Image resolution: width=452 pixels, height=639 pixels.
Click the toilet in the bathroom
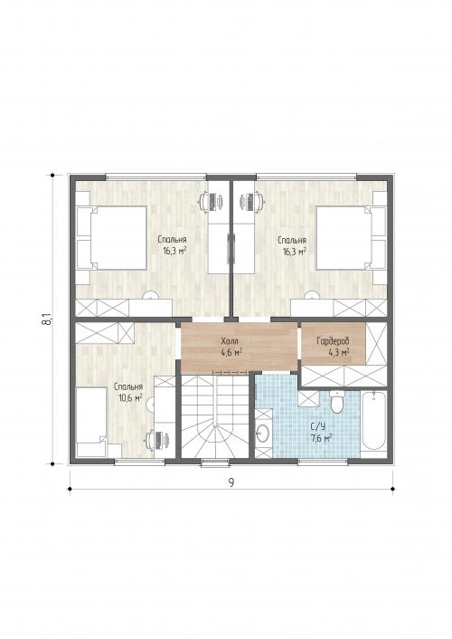337,402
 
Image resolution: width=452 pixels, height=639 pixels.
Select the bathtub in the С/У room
373,421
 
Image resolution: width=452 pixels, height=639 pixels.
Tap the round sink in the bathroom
263,433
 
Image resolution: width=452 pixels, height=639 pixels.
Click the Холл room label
230,340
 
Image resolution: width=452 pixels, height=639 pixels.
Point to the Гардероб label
333,340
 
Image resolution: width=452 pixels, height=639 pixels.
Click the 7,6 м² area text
321,438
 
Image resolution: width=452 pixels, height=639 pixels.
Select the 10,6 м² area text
130,397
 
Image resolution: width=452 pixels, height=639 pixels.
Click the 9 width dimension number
231,482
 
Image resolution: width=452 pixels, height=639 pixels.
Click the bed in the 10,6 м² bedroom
91,422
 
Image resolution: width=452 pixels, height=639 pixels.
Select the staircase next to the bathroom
214,415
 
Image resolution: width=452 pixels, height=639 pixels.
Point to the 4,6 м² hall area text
231,352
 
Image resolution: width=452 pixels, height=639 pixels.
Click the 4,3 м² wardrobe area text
338,352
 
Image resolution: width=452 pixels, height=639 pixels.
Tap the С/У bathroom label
318,427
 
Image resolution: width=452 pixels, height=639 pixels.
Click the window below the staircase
214,463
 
